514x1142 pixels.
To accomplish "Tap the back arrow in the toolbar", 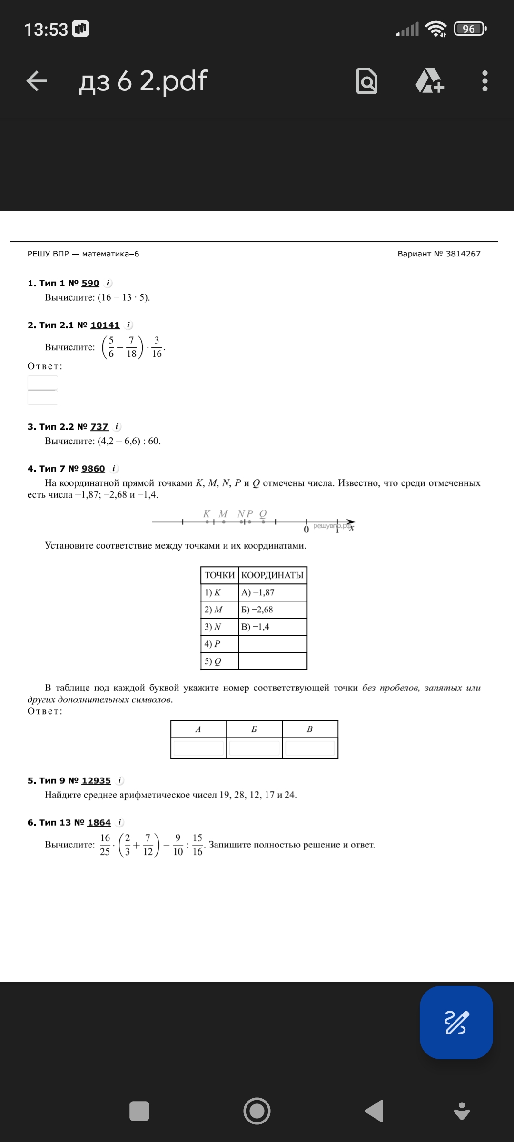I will click(x=37, y=81).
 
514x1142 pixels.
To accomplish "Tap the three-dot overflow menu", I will click(x=484, y=81).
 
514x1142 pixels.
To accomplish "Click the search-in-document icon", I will click(x=367, y=81).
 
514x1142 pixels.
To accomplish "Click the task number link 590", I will click(x=90, y=283).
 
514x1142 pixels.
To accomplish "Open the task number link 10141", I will click(x=105, y=325).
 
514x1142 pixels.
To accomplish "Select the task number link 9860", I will click(x=93, y=469).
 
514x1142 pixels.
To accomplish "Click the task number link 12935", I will click(x=96, y=781).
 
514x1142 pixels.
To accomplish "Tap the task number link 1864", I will click(x=99, y=823).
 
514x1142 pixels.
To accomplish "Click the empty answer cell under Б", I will click(x=254, y=748).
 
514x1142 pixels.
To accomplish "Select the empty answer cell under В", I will click(x=310, y=748).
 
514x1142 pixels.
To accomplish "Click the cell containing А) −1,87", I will click(x=272, y=592).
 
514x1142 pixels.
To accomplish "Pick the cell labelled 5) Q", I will click(x=219, y=661).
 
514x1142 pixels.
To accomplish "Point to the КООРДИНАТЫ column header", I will click(x=272, y=575).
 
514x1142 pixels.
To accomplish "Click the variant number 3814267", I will click(x=463, y=254).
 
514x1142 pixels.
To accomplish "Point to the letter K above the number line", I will click(x=207, y=513).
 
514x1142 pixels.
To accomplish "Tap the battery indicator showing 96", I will click(x=470, y=29).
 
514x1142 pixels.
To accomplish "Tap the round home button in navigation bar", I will click(x=257, y=1111).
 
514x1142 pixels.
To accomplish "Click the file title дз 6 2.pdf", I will click(x=143, y=81).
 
